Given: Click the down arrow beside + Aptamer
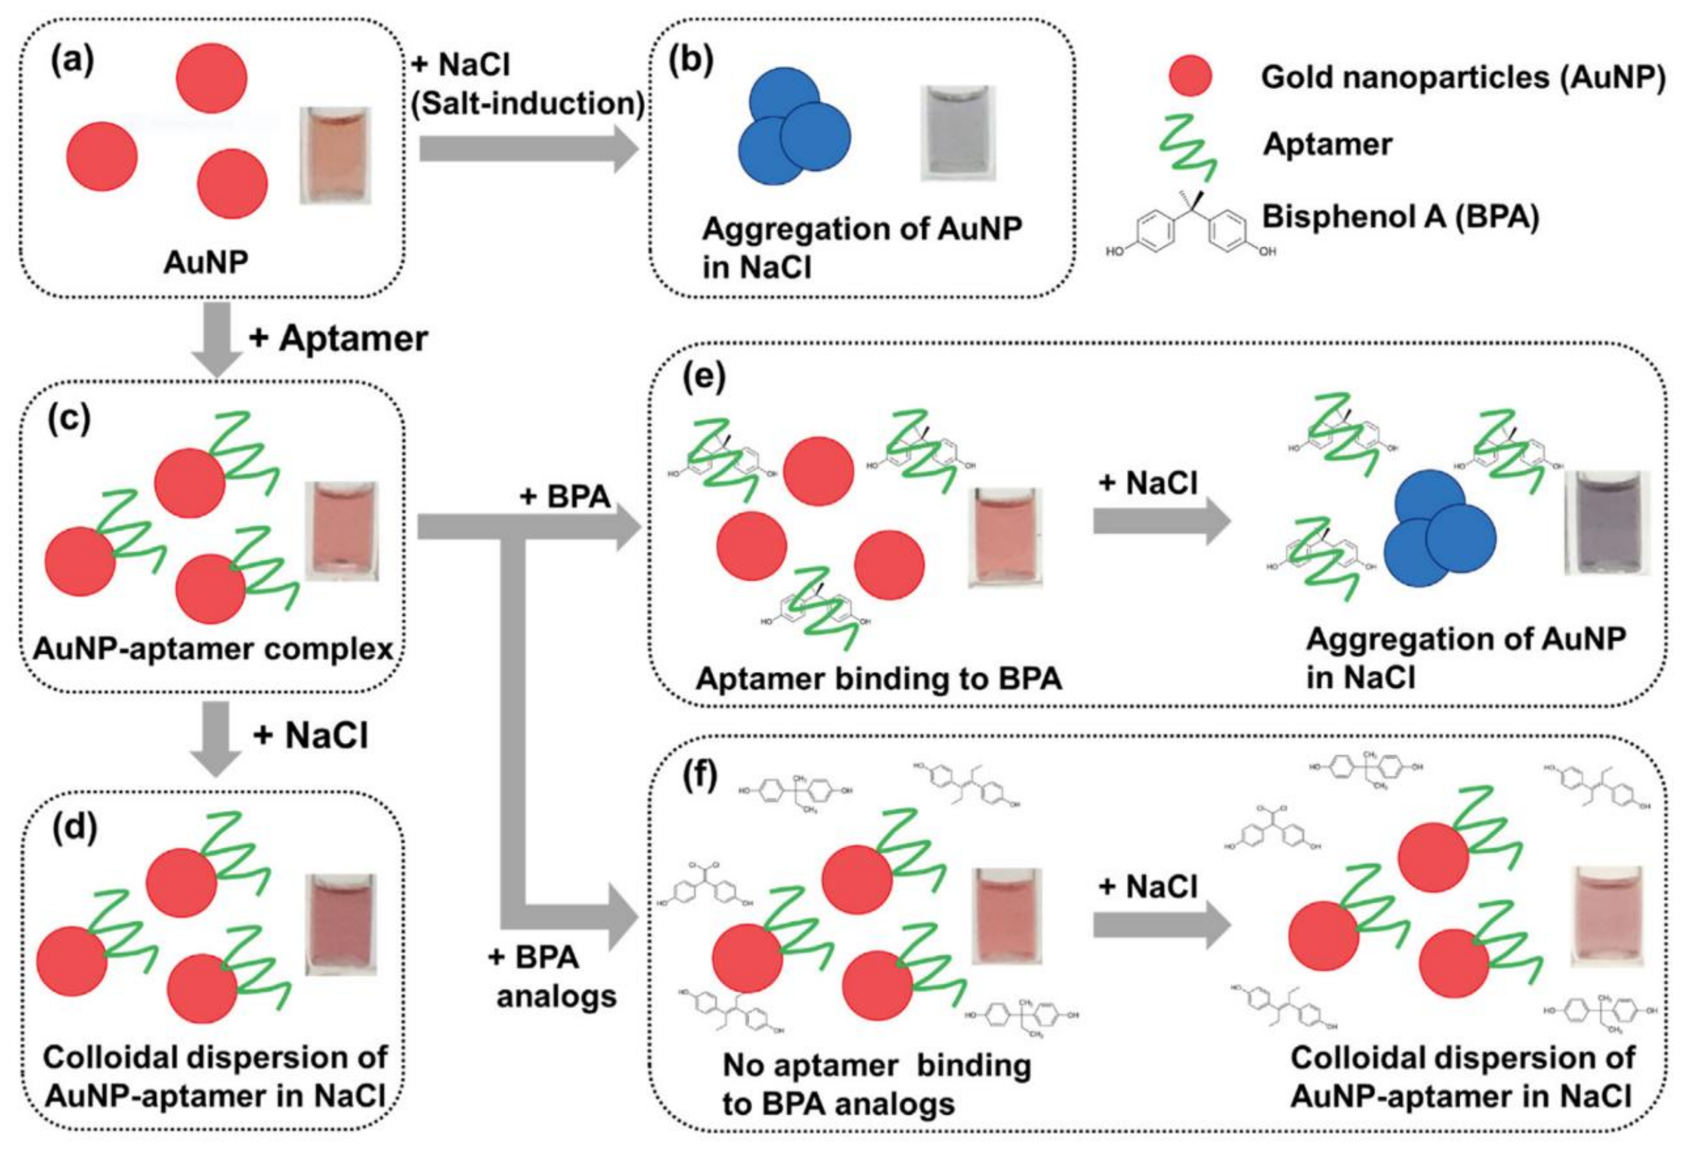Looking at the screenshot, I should point(216,339).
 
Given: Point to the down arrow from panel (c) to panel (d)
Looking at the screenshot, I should point(216,738).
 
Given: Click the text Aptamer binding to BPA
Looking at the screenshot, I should point(878,679).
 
